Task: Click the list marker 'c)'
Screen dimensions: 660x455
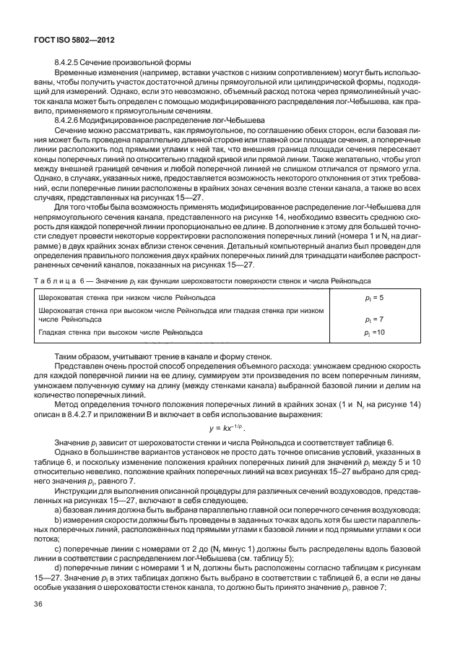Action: (x=58, y=552)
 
